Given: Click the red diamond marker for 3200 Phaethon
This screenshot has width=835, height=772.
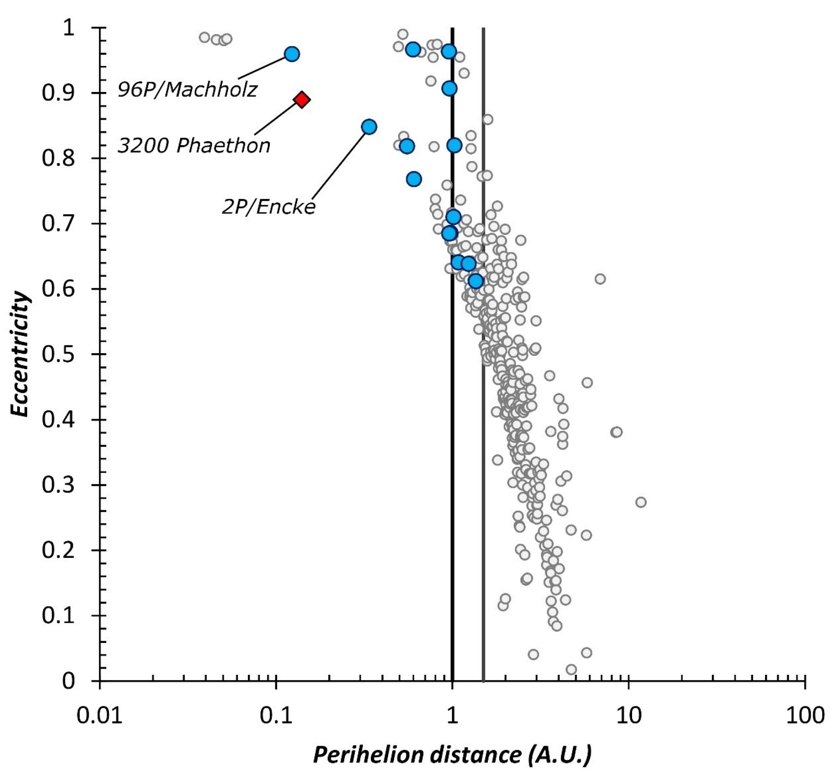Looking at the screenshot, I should coord(301,100).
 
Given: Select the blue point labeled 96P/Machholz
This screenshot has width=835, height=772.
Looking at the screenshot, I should coord(292,54).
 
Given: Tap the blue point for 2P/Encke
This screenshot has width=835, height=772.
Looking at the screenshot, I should coord(369,127).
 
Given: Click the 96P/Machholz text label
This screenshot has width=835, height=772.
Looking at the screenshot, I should coord(187,90).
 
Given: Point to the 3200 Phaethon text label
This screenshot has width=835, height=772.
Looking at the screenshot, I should coord(194,146).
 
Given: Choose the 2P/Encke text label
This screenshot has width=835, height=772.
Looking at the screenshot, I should coord(269,207).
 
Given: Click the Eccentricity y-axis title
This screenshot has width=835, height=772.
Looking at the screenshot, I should coord(20,354).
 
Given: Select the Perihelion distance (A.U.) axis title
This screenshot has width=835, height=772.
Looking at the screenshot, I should coord(452,755).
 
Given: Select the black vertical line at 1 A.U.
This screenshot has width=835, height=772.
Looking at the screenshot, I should coord(452,432).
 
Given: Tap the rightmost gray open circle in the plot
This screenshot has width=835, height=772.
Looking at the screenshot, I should coord(641,502).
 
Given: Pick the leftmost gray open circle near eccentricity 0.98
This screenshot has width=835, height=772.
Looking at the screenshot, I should coord(205,38).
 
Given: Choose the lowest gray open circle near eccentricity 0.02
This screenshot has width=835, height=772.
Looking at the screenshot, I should coord(571,670).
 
